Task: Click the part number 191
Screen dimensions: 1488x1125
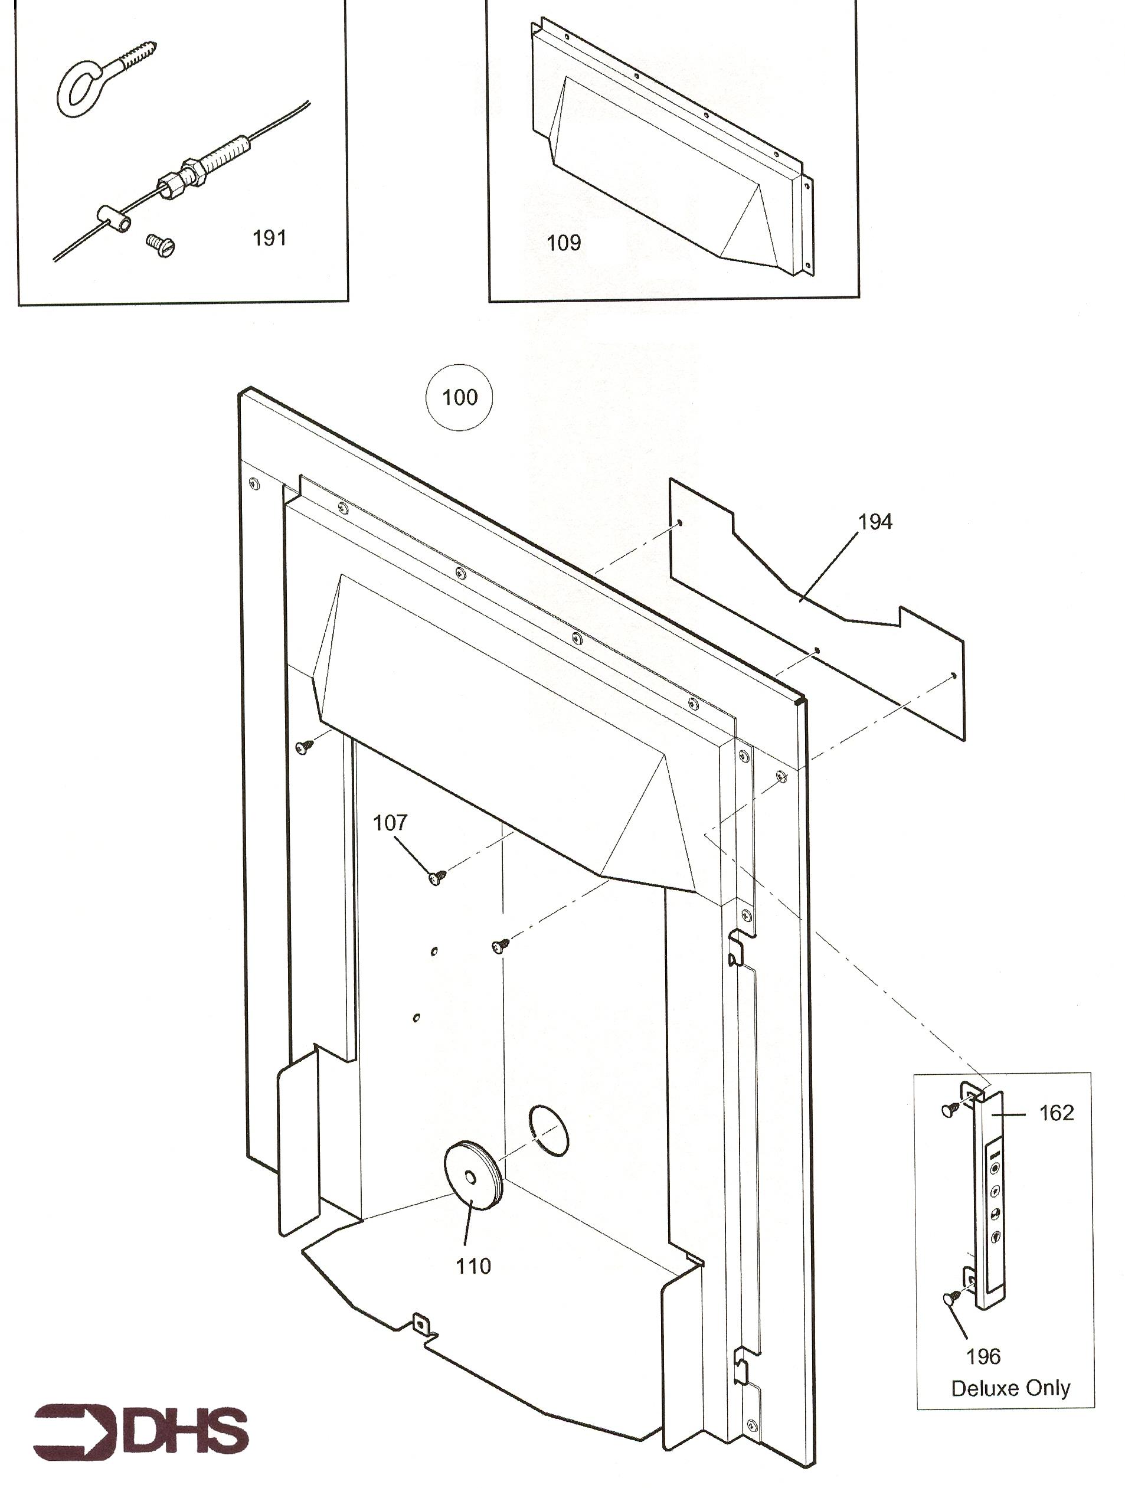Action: pyautogui.click(x=269, y=237)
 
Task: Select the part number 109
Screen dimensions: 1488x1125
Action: pyautogui.click(x=563, y=242)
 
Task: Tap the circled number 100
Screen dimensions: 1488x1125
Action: pyautogui.click(x=460, y=397)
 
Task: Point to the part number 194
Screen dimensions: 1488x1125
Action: pyautogui.click(x=875, y=521)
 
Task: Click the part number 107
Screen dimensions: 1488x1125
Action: pyautogui.click(x=390, y=822)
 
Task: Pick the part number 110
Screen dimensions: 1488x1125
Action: pyautogui.click(x=473, y=1266)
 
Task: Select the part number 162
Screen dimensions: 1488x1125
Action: pyautogui.click(x=1057, y=1113)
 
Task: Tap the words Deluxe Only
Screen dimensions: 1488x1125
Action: pyautogui.click(x=1010, y=1388)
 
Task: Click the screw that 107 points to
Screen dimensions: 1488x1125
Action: pyautogui.click(x=437, y=877)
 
